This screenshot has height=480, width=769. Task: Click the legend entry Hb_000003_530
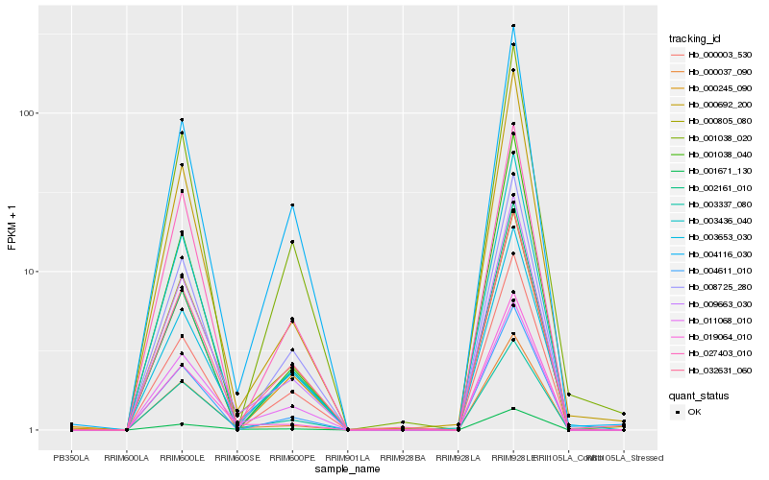pos(713,55)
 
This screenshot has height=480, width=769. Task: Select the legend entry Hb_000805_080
pos(713,121)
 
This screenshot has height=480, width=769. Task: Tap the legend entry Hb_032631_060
pos(713,370)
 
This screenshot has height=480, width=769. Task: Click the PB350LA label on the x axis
pos(70,457)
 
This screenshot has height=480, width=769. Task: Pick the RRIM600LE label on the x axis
pos(182,457)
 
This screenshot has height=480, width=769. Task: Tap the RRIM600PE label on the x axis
pos(292,457)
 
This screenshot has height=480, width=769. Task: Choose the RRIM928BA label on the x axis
pos(403,457)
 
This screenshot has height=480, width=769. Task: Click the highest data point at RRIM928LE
pos(513,26)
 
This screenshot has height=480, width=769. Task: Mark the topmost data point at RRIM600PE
pos(292,205)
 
